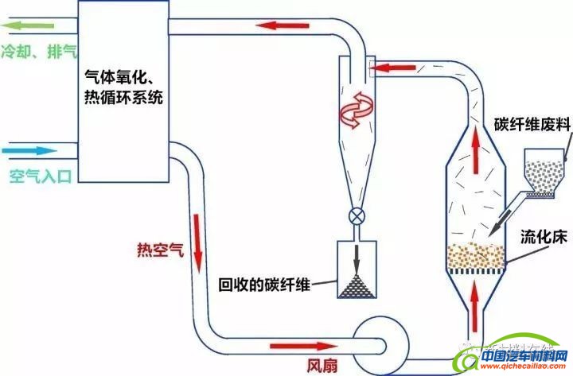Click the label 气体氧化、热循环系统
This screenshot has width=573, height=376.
125,87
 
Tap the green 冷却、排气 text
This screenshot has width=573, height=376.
39,52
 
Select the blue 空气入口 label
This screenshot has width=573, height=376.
40,176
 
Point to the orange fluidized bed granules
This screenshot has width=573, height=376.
476,255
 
